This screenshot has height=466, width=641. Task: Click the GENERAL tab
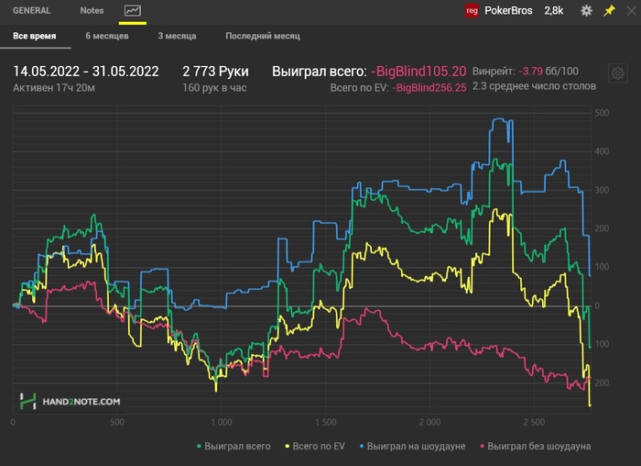point(31,11)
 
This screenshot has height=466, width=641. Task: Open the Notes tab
point(92,11)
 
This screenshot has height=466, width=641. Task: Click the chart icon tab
point(133,11)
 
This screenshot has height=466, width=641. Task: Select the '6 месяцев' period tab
point(107,36)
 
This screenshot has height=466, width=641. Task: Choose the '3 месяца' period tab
point(177,36)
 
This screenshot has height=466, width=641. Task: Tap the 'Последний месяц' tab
point(263,36)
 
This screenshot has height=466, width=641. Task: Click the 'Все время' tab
point(35,36)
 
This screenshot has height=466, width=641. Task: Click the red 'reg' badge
point(472,11)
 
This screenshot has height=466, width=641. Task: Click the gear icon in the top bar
point(587,11)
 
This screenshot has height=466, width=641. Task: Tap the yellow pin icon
point(609,11)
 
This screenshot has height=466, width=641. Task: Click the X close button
point(632,11)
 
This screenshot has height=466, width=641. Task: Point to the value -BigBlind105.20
point(418,72)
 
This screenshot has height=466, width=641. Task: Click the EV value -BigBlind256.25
point(429,88)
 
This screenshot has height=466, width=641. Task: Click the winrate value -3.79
point(530,72)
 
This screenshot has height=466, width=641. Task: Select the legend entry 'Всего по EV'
point(315,446)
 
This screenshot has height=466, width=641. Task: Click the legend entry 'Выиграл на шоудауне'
point(412,446)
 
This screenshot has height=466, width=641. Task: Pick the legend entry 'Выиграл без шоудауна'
point(536,446)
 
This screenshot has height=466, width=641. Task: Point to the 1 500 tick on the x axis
point(325,422)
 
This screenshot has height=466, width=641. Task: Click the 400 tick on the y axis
point(602,151)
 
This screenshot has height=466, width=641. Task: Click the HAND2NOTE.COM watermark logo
point(70,401)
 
